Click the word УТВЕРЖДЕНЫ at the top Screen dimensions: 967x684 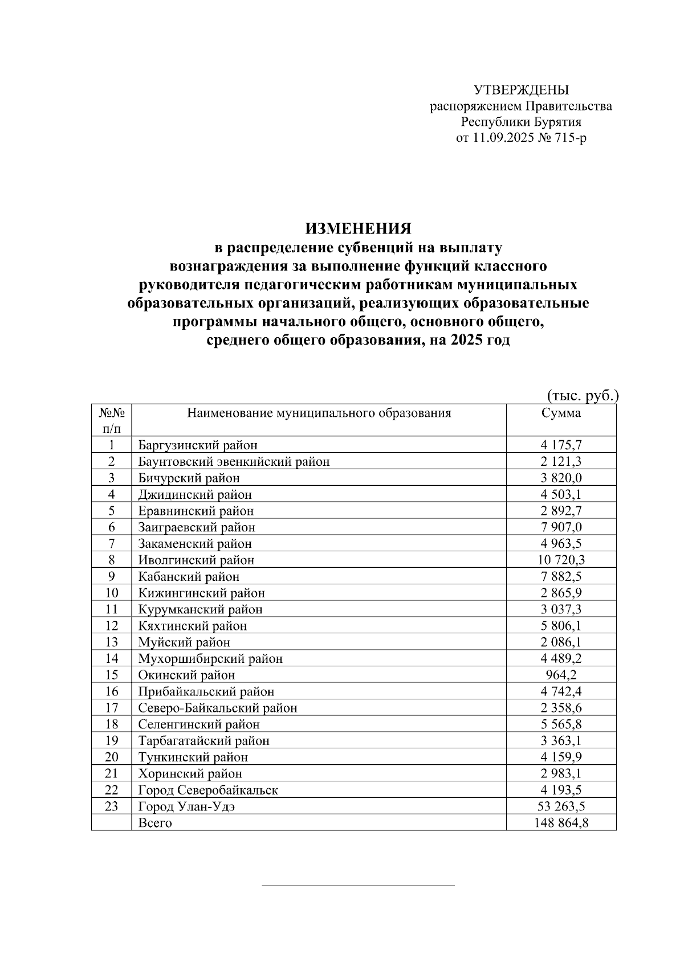[x=521, y=90]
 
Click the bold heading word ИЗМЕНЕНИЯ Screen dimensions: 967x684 [x=358, y=228]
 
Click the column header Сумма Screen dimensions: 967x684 [x=561, y=413]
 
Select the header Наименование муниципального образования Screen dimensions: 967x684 [x=319, y=413]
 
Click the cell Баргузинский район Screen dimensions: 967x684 [x=198, y=445]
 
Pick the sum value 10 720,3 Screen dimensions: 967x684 [x=561, y=560]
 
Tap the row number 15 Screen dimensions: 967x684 [x=112, y=675]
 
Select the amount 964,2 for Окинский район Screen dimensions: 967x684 [x=561, y=675]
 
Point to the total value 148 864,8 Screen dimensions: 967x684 [x=561, y=823]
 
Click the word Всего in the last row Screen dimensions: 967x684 [x=155, y=823]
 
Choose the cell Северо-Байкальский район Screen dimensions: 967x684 [x=218, y=708]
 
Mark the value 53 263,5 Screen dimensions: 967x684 [x=561, y=806]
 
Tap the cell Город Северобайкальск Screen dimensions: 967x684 [x=208, y=790]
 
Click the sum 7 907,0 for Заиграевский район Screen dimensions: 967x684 [x=561, y=527]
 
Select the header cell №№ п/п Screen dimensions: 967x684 [x=112, y=420]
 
